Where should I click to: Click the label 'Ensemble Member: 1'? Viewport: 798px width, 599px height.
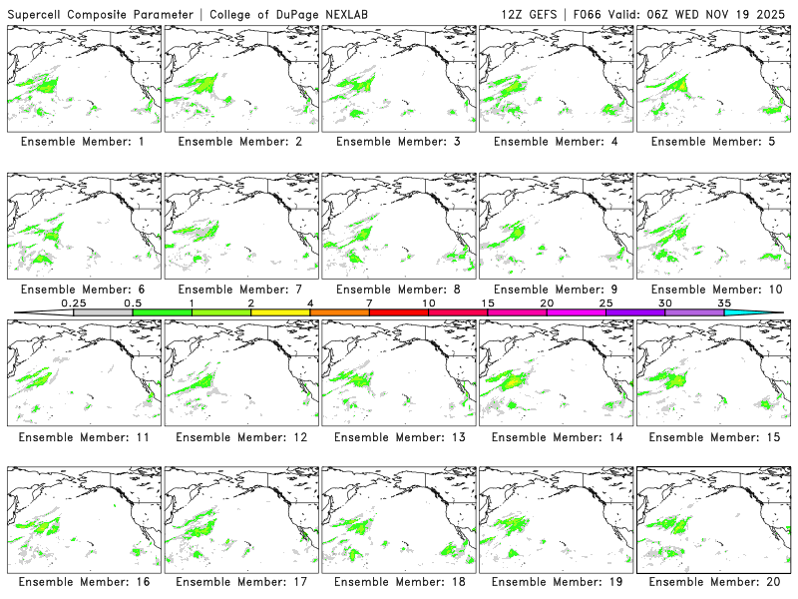[81, 142]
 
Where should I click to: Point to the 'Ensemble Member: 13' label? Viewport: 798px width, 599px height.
[396, 437]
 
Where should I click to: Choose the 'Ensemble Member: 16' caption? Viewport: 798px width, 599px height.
[81, 581]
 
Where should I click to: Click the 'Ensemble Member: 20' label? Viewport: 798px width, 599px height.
[711, 581]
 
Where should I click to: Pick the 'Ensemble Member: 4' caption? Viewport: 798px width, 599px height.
[554, 142]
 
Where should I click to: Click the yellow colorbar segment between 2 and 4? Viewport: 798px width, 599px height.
[280, 312]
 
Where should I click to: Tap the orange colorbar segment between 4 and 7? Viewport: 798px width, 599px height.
[339, 312]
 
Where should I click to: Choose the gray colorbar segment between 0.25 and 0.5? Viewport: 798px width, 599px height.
[103, 312]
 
